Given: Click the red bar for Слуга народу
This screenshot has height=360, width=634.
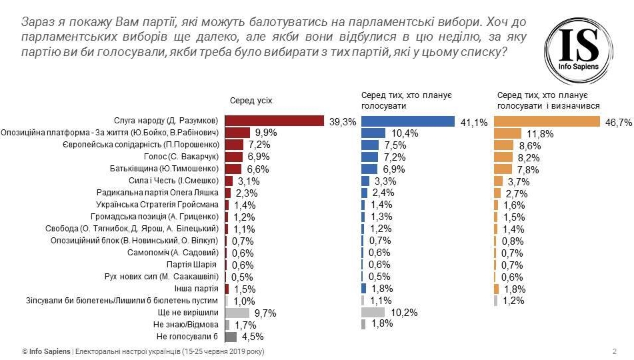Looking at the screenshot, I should click(274, 121).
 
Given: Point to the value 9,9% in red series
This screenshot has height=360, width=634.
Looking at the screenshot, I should click(262, 133).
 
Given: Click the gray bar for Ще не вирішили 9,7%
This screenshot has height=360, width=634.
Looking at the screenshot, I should click(237, 313).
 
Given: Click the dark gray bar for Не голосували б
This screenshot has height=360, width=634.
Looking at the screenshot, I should click(231, 337).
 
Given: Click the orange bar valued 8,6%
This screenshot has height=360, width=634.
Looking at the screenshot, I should click(503, 145).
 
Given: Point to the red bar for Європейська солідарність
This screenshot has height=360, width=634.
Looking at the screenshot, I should click(234, 145).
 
